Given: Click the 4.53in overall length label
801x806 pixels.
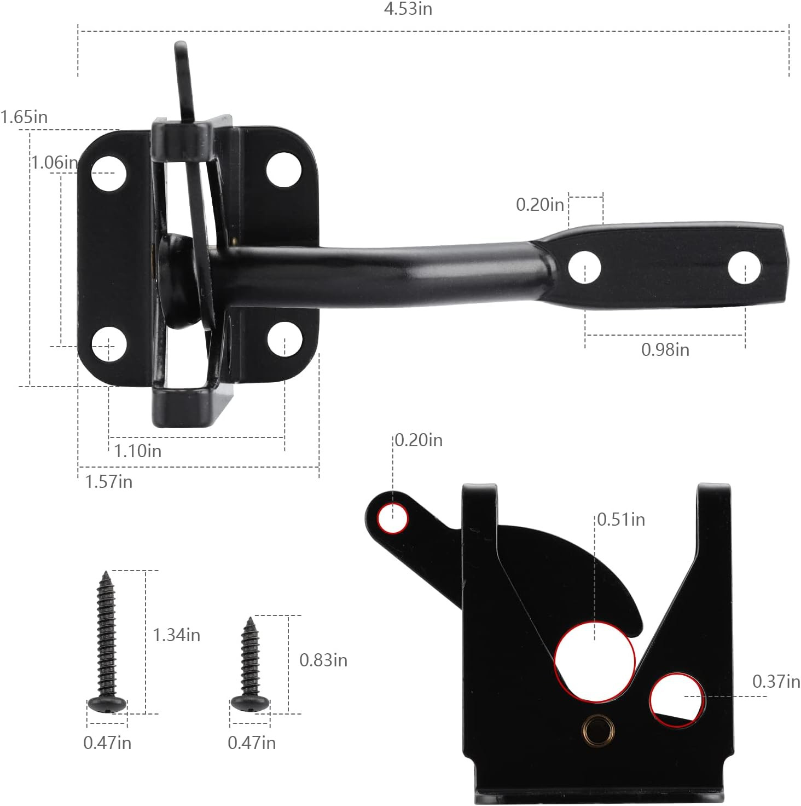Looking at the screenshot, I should point(408,9).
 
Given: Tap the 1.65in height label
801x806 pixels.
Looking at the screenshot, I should point(24,117).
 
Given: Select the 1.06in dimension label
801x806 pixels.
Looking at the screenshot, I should point(54,163).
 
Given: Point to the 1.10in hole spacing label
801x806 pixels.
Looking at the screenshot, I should point(138,451).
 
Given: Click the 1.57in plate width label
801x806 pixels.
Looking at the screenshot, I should point(108,482).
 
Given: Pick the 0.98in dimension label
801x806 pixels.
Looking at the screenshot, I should point(665,349).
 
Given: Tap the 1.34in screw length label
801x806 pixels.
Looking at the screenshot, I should point(176,635).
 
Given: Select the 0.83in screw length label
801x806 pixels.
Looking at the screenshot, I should point(323,660).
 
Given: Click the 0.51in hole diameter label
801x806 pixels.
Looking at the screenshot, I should point(620,519).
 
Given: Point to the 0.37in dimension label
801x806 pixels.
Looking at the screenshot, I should point(776,682).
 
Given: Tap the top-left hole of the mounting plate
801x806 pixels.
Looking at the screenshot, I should point(108,173).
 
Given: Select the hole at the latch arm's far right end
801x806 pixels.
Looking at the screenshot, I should point(744,267).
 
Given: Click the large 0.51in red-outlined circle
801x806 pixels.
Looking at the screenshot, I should point(595,661).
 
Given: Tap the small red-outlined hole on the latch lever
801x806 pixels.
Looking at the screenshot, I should point(393,517).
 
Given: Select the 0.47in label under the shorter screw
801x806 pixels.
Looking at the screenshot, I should point(252,743).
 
